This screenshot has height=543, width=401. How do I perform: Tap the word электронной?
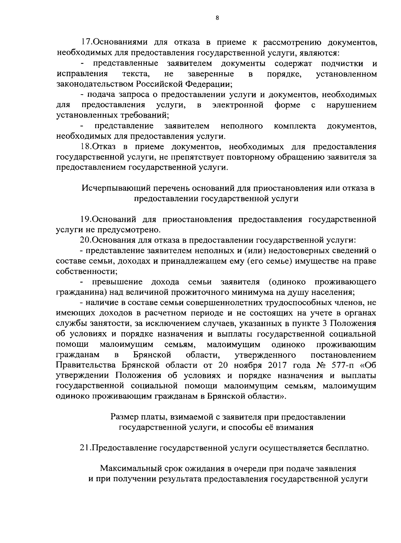[x=238, y=105]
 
